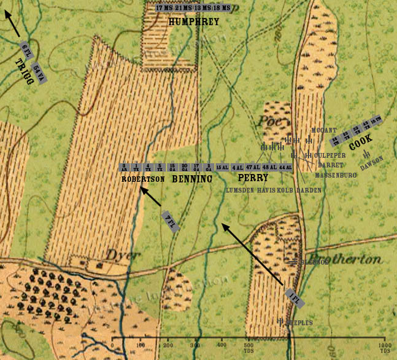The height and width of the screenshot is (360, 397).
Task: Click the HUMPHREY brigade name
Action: click(193, 22)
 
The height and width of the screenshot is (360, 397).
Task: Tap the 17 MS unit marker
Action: click(164, 8)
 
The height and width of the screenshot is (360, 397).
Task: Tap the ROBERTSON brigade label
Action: click(143, 179)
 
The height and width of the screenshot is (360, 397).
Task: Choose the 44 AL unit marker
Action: click(285, 167)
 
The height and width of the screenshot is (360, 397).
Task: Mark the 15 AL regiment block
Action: click(222, 167)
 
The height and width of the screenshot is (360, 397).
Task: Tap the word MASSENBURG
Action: click(336, 175)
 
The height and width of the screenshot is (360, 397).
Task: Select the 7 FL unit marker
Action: click(170, 221)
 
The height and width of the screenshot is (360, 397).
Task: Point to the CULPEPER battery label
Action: click(330, 155)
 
